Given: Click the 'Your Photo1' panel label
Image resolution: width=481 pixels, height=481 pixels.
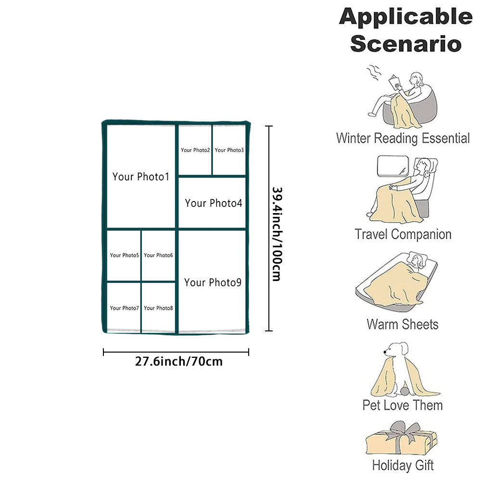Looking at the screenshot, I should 141,177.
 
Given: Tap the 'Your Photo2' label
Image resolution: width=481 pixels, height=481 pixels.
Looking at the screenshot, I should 195,150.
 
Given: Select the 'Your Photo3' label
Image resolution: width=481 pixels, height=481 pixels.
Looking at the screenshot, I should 229,150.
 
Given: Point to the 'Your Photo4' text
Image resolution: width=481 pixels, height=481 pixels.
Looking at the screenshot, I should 214,203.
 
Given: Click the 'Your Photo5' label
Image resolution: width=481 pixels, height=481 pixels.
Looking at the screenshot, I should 124,255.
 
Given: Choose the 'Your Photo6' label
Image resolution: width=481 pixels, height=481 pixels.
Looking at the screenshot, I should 158,255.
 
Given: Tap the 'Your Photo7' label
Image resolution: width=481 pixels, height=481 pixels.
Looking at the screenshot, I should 124,308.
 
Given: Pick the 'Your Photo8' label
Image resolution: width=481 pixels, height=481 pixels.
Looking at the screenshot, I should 158,308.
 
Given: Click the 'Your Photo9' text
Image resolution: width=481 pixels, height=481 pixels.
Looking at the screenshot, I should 213,282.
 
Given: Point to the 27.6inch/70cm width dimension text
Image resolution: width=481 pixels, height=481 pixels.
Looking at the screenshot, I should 179,361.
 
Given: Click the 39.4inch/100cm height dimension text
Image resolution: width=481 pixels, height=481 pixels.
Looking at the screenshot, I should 276,234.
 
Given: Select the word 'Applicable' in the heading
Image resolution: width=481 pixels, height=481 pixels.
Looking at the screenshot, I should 405,17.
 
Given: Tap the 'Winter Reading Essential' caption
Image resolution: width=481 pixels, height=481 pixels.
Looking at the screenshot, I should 403,139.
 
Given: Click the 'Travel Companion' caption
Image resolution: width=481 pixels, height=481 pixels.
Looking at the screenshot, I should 403,235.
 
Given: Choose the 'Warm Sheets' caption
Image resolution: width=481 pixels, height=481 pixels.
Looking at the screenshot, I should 403,324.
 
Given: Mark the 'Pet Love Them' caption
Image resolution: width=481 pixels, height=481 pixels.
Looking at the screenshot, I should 403,405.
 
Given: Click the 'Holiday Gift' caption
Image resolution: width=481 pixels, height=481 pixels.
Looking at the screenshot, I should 403,466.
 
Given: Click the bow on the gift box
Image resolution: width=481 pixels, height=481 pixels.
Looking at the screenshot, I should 402,429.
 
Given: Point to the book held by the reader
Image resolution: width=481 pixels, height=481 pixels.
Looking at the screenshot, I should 396,82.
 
